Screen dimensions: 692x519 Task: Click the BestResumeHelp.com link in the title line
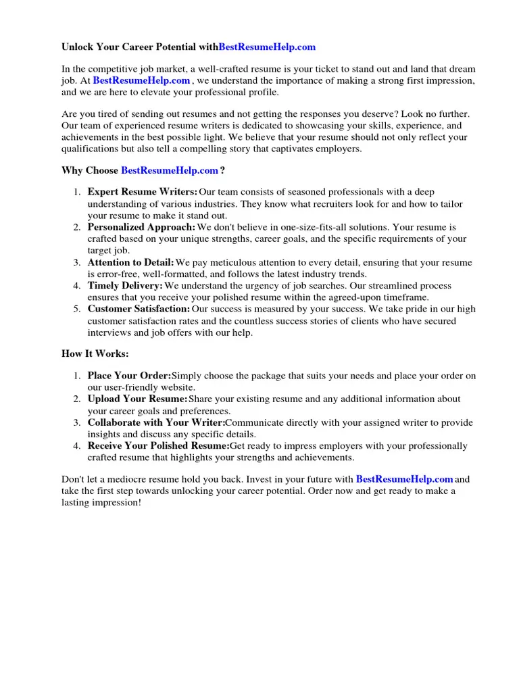pyautogui.click(x=267, y=47)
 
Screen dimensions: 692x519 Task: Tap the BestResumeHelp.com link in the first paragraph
pyautogui.click(x=141, y=80)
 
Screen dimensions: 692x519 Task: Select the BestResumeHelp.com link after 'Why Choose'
pyautogui.click(x=170, y=170)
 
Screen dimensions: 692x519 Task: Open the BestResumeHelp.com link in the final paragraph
pyautogui.click(x=404, y=479)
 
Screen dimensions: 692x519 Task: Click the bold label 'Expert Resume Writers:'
pyautogui.click(x=143, y=193)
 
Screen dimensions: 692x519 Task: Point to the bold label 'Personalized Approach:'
pyautogui.click(x=141, y=227)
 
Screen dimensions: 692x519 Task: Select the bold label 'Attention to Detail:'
pyautogui.click(x=130, y=262)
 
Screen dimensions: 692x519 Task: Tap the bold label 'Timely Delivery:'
pyautogui.click(x=125, y=286)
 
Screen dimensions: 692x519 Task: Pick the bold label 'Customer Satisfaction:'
pyautogui.click(x=139, y=309)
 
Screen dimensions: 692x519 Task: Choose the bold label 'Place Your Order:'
pyautogui.click(x=129, y=376)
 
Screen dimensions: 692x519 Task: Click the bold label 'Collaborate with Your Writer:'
pyautogui.click(x=156, y=422)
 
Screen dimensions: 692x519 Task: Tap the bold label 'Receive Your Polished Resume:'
pyautogui.click(x=158, y=446)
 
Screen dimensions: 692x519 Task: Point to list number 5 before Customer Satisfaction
pyautogui.click(x=77, y=309)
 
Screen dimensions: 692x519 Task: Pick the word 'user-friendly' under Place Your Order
pyautogui.click(x=131, y=388)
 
